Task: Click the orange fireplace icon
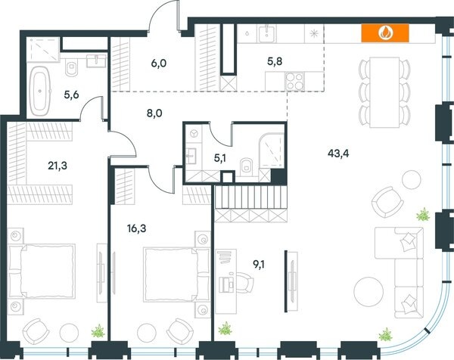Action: pos(385,33)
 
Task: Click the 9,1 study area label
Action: pos(259,264)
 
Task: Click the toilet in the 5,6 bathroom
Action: pos(71,70)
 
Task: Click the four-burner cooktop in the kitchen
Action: pos(293,82)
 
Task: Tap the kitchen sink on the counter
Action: pos(266,33)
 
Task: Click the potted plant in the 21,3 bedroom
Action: pos(96,331)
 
